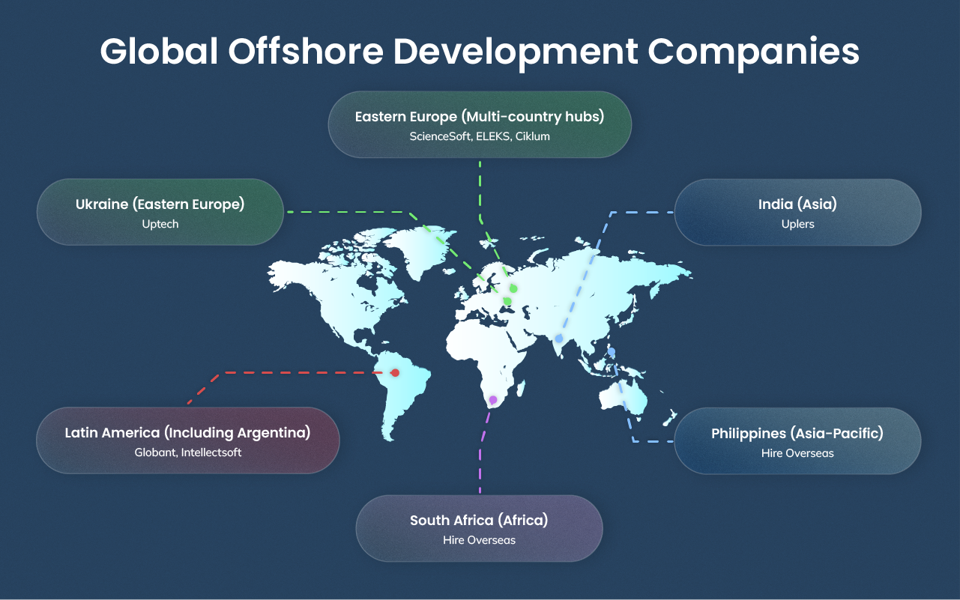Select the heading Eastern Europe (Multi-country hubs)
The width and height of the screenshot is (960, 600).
click(480, 117)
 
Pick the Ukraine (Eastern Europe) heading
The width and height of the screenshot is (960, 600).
click(160, 204)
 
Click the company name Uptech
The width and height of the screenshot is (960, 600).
click(160, 224)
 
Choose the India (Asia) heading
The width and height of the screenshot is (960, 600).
click(797, 204)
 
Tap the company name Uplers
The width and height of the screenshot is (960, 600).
click(797, 224)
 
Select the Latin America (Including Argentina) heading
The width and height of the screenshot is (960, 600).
click(187, 432)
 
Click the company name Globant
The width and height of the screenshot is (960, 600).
click(154, 452)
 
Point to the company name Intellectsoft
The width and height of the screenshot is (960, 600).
click(211, 452)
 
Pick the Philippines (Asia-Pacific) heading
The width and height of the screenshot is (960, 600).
click(797, 433)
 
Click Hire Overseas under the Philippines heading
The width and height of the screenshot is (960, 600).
click(797, 453)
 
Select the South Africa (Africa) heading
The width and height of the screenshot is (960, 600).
click(479, 520)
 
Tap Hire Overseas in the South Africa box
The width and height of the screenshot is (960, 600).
click(479, 540)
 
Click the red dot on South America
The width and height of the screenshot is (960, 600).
click(396, 372)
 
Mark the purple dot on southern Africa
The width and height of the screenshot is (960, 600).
click(492, 400)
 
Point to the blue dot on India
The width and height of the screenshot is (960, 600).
click(558, 339)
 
